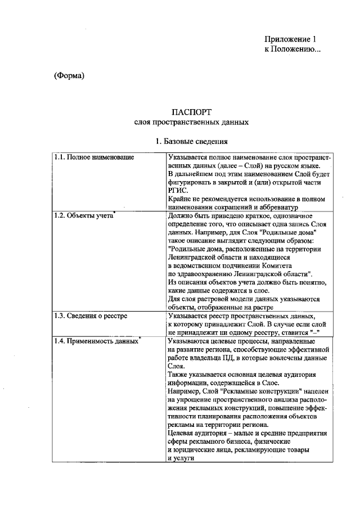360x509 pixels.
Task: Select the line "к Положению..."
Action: click(x=292, y=49)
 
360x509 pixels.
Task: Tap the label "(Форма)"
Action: click(x=69, y=76)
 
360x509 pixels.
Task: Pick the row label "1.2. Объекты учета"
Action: click(x=84, y=215)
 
